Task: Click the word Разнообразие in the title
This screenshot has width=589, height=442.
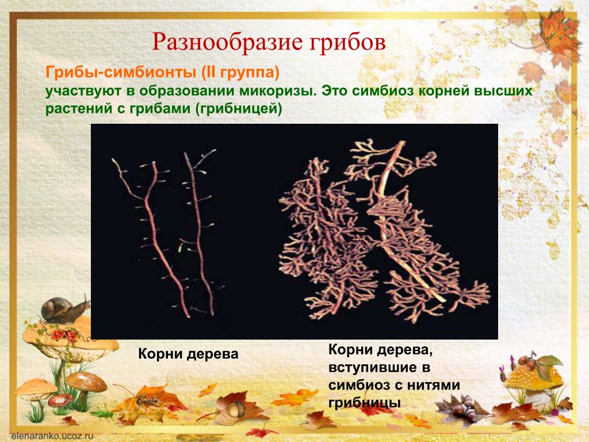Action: tap(227, 42)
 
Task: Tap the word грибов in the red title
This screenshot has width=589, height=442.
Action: tap(347, 42)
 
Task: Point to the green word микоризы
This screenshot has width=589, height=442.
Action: tap(278, 91)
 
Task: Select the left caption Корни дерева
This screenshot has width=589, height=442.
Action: tap(188, 354)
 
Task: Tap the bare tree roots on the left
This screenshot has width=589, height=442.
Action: tap(165, 233)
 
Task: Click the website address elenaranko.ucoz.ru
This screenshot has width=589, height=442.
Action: tap(52, 436)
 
